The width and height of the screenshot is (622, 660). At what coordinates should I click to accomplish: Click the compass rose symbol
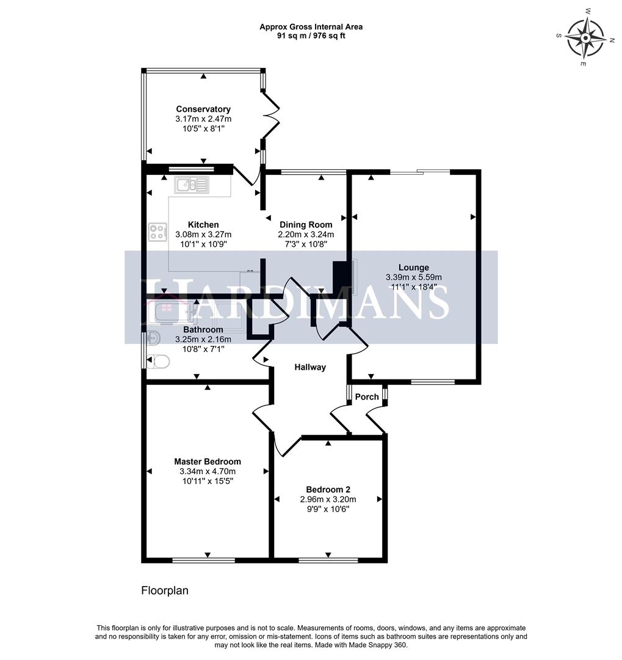585,37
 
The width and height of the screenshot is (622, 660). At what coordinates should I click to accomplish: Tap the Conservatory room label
203,109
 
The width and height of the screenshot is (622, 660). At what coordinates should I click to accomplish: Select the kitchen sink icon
192,185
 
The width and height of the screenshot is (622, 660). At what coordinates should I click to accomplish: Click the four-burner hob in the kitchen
157,232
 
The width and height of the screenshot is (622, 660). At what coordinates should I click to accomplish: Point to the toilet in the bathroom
158,362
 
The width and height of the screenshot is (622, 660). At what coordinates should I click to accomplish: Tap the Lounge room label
413,267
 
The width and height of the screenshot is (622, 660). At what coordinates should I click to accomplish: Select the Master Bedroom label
207,461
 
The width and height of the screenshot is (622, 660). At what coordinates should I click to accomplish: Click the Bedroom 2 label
328,490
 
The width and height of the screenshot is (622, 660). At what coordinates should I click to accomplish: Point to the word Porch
367,397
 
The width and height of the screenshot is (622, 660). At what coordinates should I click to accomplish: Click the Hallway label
310,367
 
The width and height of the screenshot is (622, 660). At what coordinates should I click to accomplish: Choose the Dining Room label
306,224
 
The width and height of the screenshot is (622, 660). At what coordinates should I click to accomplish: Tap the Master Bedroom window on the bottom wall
203,559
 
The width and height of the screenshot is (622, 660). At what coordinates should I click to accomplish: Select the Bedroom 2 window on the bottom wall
328,559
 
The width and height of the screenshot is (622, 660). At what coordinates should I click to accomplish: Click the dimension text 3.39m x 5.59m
413,277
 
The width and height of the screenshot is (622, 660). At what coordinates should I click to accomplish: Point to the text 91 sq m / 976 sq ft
311,35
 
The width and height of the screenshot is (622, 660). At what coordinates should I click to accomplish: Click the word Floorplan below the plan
165,590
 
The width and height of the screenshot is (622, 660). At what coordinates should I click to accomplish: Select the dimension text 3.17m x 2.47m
203,119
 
